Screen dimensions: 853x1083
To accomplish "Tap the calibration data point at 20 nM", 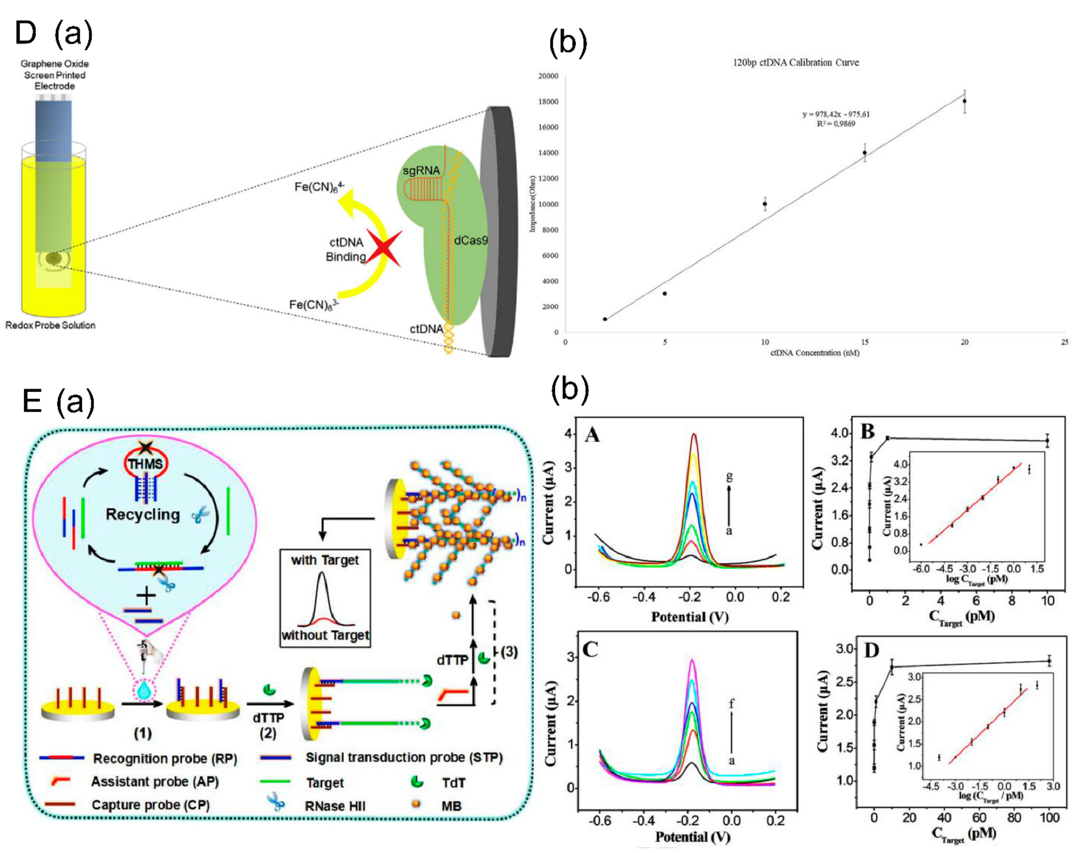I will [x=965, y=101].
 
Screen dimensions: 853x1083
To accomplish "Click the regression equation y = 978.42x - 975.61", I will [x=836, y=114].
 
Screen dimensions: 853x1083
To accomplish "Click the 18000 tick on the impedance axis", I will [x=548, y=102].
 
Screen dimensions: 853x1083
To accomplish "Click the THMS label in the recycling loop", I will [x=145, y=464].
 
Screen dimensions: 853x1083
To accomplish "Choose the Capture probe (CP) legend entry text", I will [x=150, y=804].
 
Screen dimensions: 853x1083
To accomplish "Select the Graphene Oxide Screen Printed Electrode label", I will [x=54, y=75].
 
